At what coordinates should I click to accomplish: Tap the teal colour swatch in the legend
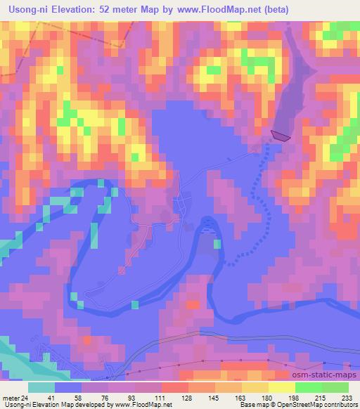click(x=41, y=387)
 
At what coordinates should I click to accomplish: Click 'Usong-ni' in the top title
click(x=27, y=9)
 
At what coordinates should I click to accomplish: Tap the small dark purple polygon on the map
click(x=280, y=135)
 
